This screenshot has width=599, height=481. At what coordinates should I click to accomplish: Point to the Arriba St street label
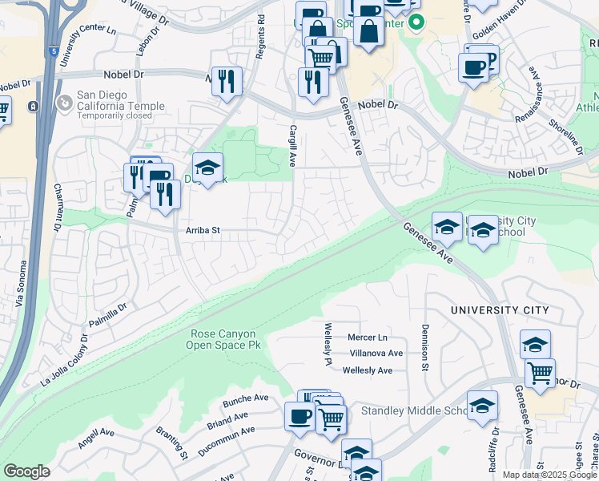[203, 231]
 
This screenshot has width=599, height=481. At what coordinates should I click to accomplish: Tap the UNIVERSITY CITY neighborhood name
[500, 310]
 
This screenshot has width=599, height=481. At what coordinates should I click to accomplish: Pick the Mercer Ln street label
[368, 338]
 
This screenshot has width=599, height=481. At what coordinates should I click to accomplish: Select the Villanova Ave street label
[376, 353]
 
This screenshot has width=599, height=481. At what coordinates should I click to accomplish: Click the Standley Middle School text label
[414, 411]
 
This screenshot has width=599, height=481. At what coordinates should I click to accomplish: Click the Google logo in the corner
[26, 471]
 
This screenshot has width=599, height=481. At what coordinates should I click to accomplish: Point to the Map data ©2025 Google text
[549, 475]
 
